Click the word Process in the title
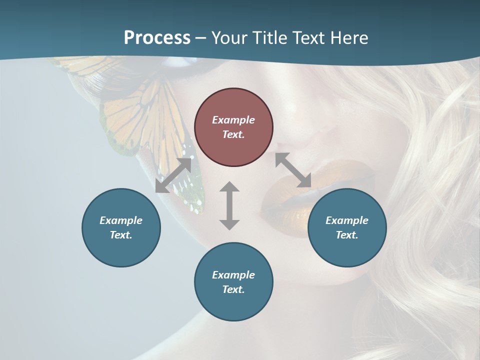coord(157,38)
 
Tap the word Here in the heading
coord(349,38)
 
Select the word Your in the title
coord(228,38)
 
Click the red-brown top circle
coord(233,127)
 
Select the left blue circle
coord(121,227)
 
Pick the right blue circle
coord(347,227)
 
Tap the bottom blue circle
coord(233,282)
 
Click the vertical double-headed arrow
coord(229,205)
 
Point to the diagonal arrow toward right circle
coord(293,170)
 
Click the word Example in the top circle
coord(233,120)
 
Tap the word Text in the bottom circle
coord(233,289)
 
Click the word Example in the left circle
coord(121,220)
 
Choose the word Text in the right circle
coord(346,235)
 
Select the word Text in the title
coord(307,38)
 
